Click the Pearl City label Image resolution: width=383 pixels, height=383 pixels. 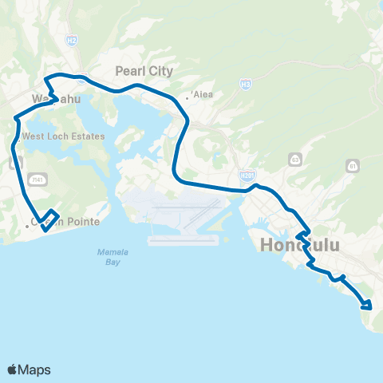coord(144,70)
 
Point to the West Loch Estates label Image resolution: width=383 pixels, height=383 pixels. coord(64,136)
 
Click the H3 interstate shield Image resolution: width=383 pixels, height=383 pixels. coord(245,84)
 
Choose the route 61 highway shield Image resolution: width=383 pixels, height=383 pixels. coord(352,165)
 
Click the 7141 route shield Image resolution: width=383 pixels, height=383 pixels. coord(34,181)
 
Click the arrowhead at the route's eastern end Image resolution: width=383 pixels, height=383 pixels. coord(368,305)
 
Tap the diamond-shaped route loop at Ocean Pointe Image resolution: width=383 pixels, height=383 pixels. coord(49,219)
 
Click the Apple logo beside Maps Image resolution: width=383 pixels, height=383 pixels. coord(12,369)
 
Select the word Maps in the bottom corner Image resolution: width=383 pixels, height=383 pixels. coord(34,369)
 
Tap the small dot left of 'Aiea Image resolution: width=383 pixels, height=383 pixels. coord(187,97)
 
